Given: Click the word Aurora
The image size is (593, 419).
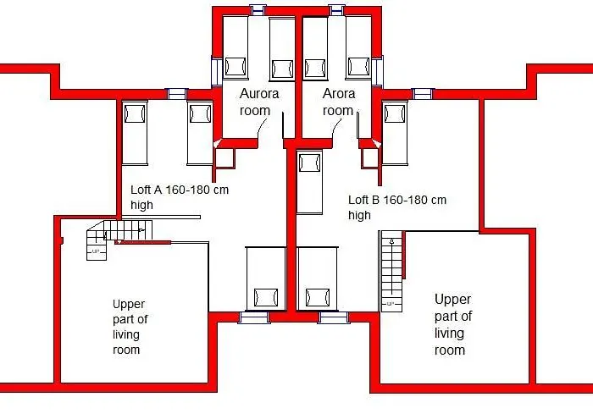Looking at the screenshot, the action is pyautogui.click(x=259, y=93).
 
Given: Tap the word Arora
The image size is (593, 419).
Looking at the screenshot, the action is pyautogui.click(x=339, y=93).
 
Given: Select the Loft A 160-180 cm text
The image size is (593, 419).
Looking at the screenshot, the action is pyautogui.click(x=180, y=190).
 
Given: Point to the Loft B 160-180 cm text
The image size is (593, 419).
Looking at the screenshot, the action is pyautogui.click(x=397, y=200).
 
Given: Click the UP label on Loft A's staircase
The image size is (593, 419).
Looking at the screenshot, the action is pyautogui.click(x=95, y=251).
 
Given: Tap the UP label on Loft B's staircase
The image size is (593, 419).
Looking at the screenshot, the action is pyautogui.click(x=391, y=303).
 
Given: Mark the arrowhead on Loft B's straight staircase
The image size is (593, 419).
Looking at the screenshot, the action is pyautogui.click(x=391, y=240).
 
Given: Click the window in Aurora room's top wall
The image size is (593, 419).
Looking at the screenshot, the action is pyautogui.click(x=258, y=10).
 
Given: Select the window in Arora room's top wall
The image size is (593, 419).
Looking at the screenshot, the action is pyautogui.click(x=336, y=10).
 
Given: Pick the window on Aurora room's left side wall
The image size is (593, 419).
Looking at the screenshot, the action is pyautogui.click(x=217, y=72).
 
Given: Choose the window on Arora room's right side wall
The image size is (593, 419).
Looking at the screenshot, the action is pyautogui.click(x=378, y=72).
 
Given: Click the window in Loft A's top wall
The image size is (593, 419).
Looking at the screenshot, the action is pyautogui.click(x=176, y=94).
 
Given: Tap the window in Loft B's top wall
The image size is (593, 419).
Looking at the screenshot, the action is pyautogui.click(x=423, y=94).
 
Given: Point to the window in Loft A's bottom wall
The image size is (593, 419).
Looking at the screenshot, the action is pyautogui.click(x=254, y=317).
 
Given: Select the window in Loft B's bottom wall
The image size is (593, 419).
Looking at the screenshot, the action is pyautogui.click(x=334, y=317).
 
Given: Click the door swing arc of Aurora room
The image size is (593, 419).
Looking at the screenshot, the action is pyautogui.click(x=262, y=129).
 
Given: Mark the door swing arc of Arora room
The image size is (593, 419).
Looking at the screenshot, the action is pyautogui.click(x=336, y=129).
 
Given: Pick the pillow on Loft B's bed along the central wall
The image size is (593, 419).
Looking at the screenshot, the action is pyautogui.click(x=310, y=163).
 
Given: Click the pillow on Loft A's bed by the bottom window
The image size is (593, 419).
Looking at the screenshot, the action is pyautogui.click(x=266, y=297).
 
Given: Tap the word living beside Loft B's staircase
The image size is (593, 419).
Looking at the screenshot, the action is pyautogui.click(x=449, y=334).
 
